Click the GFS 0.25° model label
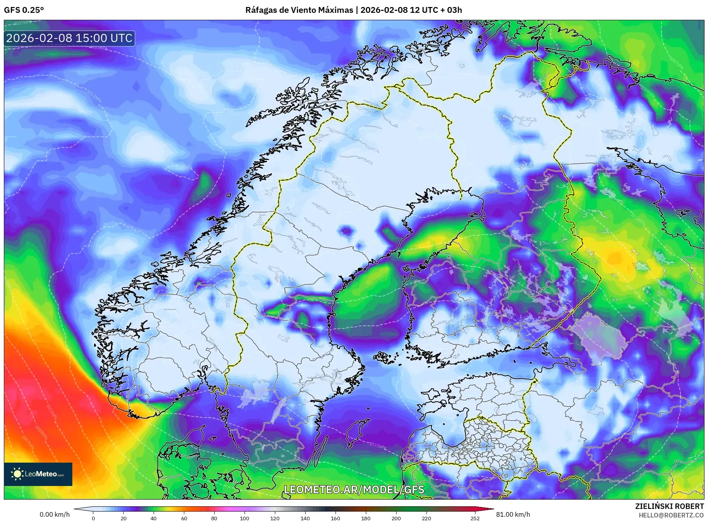pos(24,10)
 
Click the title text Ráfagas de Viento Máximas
pos(299,10)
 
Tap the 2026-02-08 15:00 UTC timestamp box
pos(69,38)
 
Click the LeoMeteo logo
pos(38,474)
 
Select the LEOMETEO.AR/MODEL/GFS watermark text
pos(354,489)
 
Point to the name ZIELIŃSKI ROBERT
pos(669,506)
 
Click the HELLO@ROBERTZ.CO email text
pos(671,515)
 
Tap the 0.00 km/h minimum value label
pos(54,514)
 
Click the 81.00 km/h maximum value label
pos(513,514)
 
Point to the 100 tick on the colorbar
pos(244,518)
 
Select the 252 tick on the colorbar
pos(475,518)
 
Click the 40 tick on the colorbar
pos(154,518)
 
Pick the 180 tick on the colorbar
pos(365,518)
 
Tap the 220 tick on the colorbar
pos(426,518)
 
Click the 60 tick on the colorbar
pos(184,518)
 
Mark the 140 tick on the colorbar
pos(305,518)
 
